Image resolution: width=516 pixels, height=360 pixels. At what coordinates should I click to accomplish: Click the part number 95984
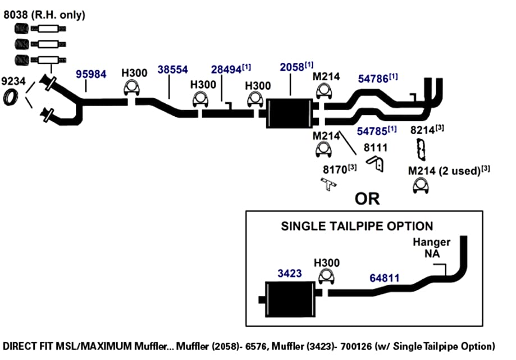tap(91, 74)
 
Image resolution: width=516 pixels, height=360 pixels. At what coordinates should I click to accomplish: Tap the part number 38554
tap(172, 70)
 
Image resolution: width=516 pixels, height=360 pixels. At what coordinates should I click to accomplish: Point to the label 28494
tap(226, 70)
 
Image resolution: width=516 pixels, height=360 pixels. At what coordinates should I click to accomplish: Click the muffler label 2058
tap(292, 67)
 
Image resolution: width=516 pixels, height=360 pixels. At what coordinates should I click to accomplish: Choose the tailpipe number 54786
tap(373, 79)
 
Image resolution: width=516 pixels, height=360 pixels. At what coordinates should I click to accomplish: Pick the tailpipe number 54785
tap(372, 131)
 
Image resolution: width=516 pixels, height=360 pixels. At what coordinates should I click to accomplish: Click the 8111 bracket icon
tap(376, 163)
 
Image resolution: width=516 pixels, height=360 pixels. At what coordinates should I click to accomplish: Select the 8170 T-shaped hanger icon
tap(328, 184)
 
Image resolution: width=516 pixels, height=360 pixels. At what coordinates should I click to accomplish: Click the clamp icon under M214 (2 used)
tap(421, 186)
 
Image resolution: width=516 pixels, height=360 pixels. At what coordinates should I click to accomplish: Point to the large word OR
tap(367, 199)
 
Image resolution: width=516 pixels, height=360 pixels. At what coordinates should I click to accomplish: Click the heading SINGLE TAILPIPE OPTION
tap(357, 226)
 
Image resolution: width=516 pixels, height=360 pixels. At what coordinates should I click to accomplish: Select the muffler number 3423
tap(290, 273)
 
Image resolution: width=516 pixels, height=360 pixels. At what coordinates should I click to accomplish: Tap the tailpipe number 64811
tap(385, 278)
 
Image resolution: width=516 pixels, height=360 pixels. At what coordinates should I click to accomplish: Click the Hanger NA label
tap(432, 248)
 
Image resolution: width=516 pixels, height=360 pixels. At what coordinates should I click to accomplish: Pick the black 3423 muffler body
tap(290, 299)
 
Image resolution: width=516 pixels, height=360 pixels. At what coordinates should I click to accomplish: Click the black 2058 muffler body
tap(290, 113)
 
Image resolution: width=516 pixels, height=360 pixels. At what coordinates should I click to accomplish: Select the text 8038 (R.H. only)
tap(44, 15)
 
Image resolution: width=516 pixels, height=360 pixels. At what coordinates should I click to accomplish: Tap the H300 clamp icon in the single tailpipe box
tap(326, 276)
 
